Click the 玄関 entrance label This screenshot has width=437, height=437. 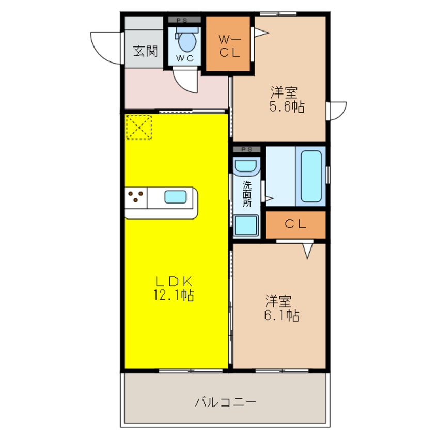(145, 51)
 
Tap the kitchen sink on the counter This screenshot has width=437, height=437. (176, 197)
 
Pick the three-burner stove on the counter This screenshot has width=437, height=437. (136, 197)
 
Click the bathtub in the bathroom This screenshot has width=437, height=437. (311, 176)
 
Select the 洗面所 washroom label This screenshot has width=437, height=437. (247, 192)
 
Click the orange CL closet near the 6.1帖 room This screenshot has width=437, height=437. (295, 224)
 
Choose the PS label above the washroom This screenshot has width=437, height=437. (246, 149)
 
